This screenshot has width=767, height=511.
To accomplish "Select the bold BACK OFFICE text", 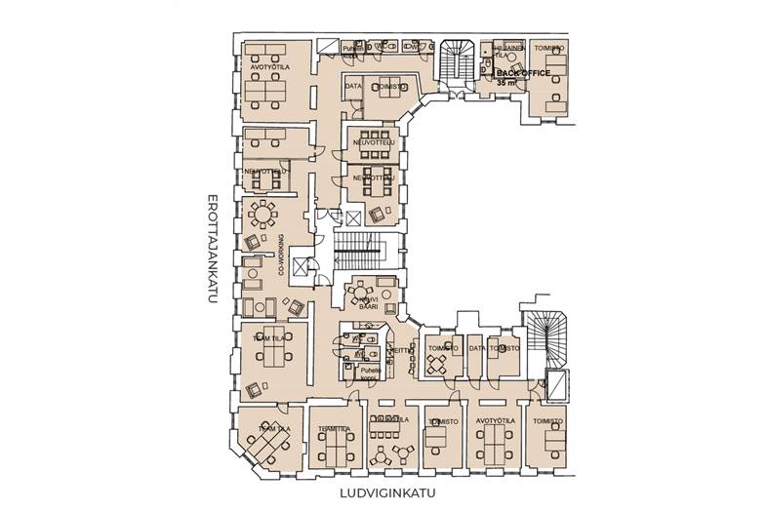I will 524,73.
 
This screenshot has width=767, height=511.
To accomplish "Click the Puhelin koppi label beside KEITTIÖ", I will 367,373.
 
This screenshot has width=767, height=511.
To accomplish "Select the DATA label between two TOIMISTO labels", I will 476,347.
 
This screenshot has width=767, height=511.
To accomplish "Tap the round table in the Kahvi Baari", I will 362,289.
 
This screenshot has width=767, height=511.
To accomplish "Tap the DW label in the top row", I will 412,47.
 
